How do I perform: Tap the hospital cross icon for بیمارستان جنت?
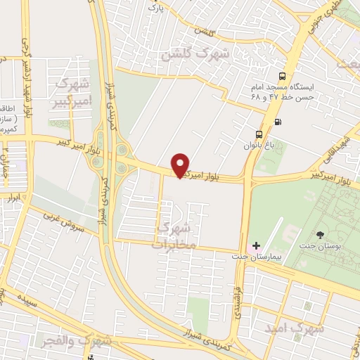coord(256,247)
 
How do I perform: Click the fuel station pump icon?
coord(278,122)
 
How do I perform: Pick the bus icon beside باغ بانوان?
coord(259,134)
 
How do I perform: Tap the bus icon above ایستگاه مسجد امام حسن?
coord(282,77)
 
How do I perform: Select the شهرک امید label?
coord(295,328)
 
